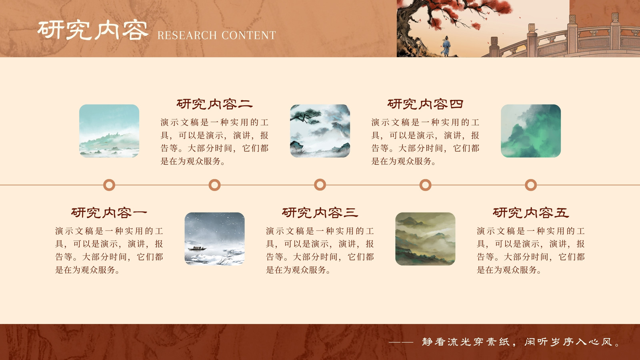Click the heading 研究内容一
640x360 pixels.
tap(109, 212)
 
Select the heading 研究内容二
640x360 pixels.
tap(214, 104)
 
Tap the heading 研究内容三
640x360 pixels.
tap(320, 212)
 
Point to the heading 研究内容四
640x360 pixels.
tap(425, 104)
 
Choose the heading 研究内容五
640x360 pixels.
tap(530, 212)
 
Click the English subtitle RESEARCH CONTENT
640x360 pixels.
tap(216, 36)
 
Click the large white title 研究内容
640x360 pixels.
tap(93, 30)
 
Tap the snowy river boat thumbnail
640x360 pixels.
tap(214, 239)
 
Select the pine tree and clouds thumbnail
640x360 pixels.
tap(320, 131)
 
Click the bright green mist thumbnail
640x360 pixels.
tap(531, 131)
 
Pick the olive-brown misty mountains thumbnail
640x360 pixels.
tap(426, 239)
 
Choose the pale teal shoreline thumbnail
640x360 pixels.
tap(109, 131)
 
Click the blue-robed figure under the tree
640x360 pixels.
tap(446, 46)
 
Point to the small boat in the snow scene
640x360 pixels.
tap(197, 248)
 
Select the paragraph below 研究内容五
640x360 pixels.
tap(530, 250)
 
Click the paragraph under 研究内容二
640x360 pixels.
tap(214, 142)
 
